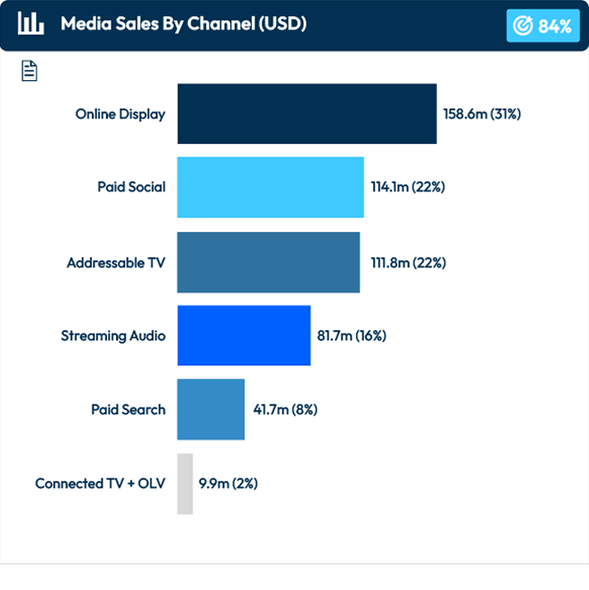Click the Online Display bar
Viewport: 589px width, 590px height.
pos(307,114)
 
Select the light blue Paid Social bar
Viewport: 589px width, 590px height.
pos(270,187)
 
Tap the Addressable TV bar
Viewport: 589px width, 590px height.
pos(268,263)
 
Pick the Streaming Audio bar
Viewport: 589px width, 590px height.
pos(244,335)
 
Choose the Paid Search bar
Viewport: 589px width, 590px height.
pos(210,409)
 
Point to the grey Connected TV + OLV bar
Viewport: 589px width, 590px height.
pos(184,484)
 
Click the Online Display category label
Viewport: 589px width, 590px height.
pos(120,114)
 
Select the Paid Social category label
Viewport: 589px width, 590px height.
pos(131,187)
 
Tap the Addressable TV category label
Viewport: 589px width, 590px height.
pos(116,263)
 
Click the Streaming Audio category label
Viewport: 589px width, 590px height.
pos(113,335)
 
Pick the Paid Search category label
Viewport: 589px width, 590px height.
pos(128,409)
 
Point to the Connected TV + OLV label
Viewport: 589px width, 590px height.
pos(100,484)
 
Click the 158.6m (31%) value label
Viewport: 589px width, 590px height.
pos(482,114)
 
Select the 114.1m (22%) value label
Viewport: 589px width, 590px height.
pos(408,187)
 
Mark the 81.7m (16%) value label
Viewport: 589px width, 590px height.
pos(352,335)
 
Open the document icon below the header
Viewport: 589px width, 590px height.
pos(30,71)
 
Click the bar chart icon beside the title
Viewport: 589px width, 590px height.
pos(31,24)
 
